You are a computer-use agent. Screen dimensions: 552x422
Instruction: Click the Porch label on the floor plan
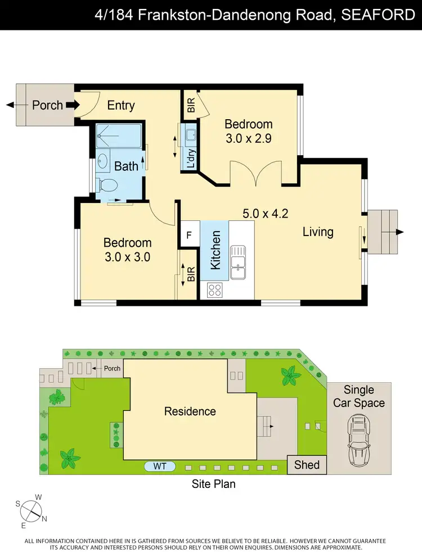click(47, 105)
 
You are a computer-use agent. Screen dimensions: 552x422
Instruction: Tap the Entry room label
click(121, 105)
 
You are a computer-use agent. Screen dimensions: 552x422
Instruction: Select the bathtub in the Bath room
click(118, 136)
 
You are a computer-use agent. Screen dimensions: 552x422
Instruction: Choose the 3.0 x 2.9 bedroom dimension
click(249, 138)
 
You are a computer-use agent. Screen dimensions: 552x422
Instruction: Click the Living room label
click(318, 232)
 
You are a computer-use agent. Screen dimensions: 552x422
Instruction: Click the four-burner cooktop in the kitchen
click(215, 289)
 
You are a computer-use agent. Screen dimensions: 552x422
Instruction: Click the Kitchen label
click(215, 250)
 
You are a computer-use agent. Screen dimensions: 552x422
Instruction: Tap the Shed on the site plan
click(307, 464)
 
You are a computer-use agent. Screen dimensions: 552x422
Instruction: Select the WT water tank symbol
click(160, 466)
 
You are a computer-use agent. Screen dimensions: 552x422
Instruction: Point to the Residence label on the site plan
click(190, 411)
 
